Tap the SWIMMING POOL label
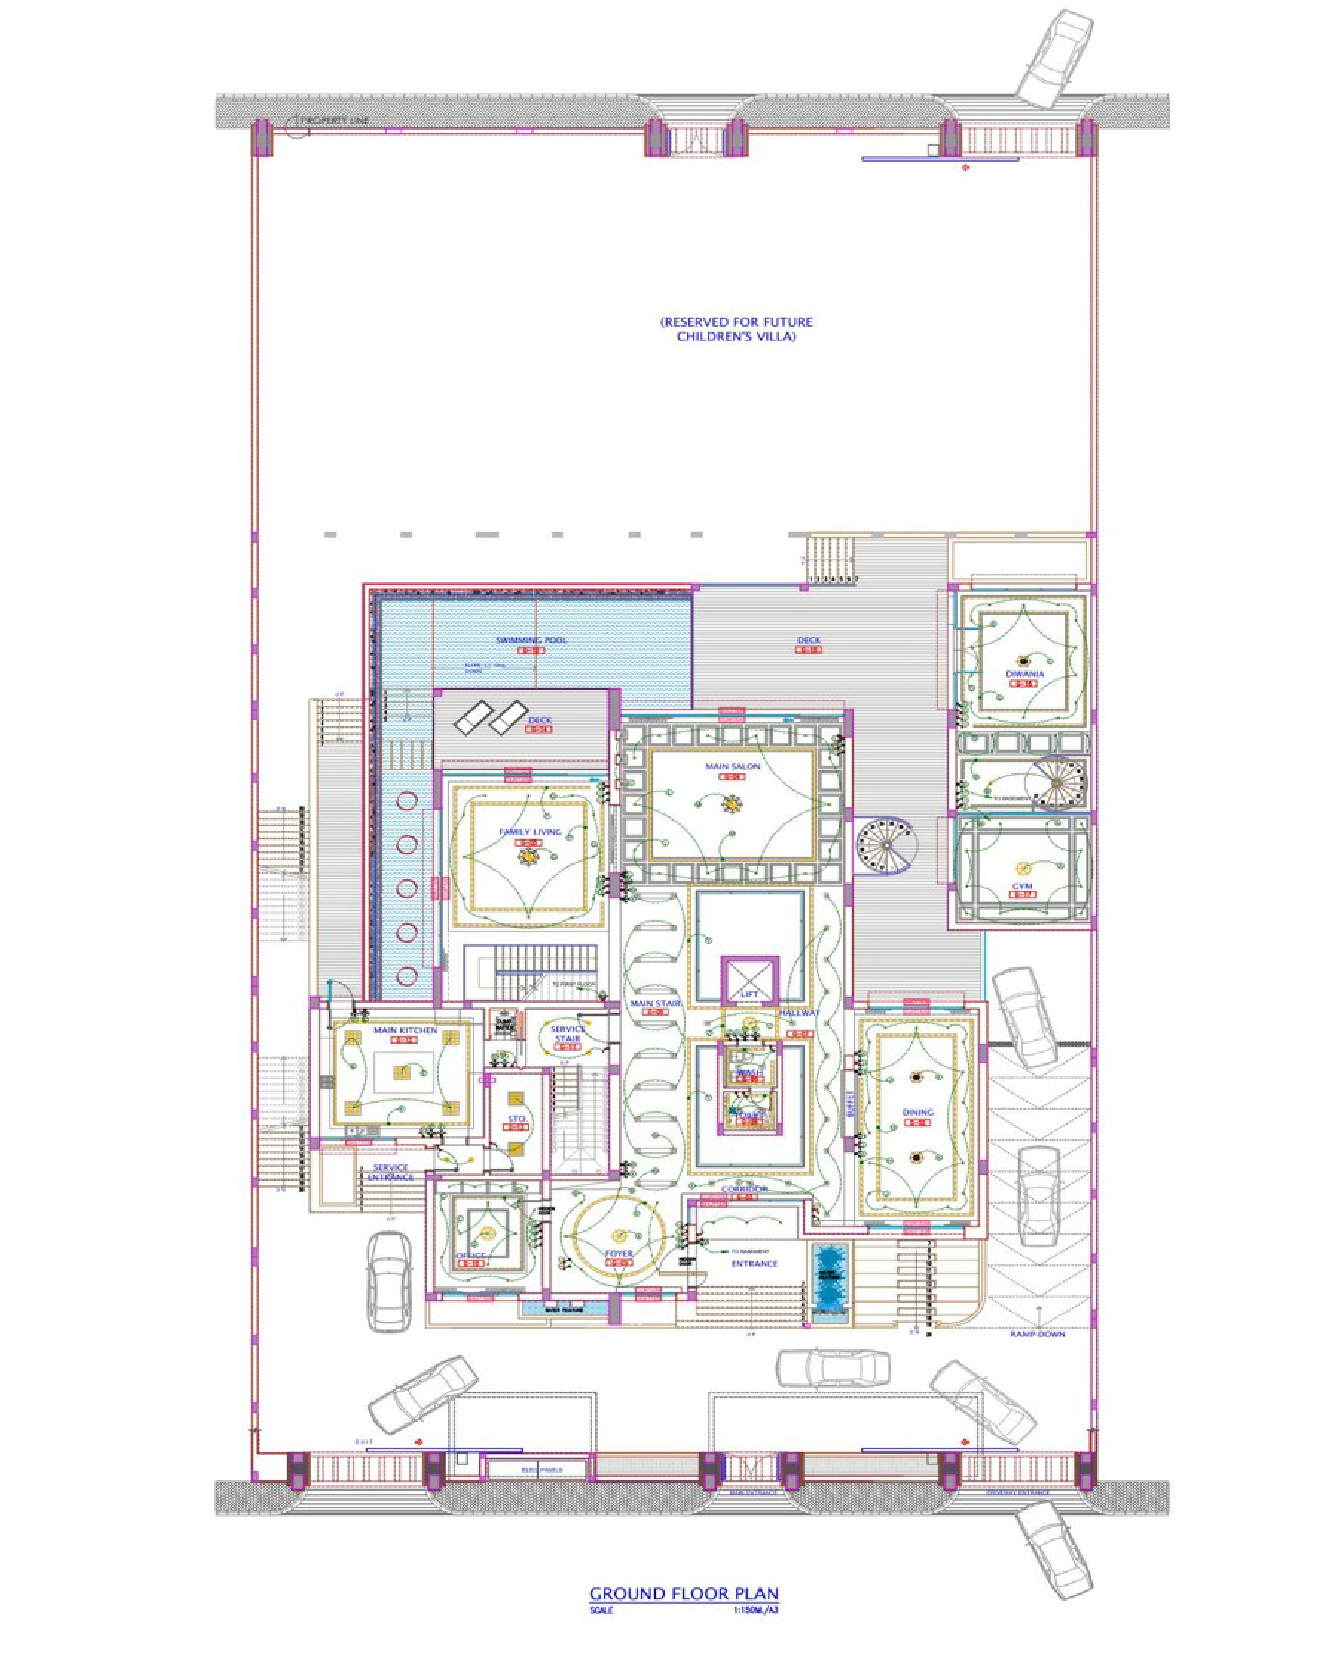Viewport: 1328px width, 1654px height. click(x=530, y=640)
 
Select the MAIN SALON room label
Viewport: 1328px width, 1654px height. click(x=732, y=766)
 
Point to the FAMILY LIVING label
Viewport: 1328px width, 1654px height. click(x=530, y=832)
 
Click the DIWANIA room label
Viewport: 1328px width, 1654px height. click(x=1025, y=674)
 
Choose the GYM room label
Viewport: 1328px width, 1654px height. click(x=1022, y=888)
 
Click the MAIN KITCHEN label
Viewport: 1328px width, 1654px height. click(x=405, y=1030)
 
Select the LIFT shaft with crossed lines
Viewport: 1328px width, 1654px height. click(x=749, y=978)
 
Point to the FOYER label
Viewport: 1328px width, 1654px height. click(x=619, y=1253)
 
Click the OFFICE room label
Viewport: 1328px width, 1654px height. click(x=471, y=1255)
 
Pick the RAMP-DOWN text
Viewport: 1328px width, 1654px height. click(x=1037, y=1334)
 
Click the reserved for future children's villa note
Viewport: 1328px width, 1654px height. click(x=736, y=329)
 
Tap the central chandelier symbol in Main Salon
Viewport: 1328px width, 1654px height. click(x=731, y=804)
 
